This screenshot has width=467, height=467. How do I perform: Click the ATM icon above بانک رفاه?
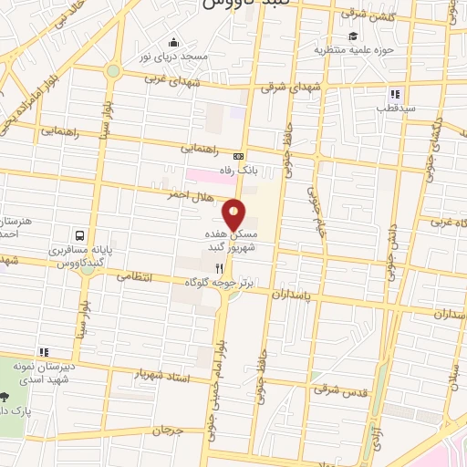(239, 156)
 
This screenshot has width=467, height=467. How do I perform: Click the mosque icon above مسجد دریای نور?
(173, 42)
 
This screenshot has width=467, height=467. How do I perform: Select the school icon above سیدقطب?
(395, 94)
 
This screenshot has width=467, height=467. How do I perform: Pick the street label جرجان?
(167, 429)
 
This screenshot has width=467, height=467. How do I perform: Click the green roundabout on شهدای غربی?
(112, 70)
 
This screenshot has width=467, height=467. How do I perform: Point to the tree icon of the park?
(5, 398)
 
